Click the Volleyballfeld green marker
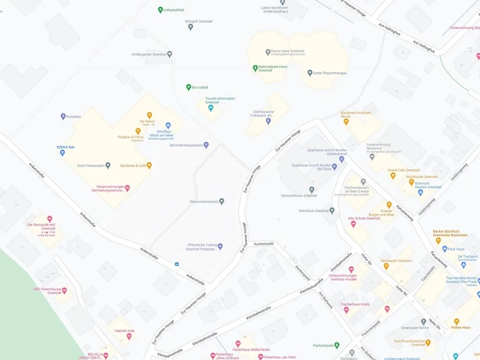[x=161, y=10]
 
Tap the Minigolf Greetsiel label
[x=198, y=21]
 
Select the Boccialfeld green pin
[x=188, y=88]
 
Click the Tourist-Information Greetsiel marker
[x=210, y=108]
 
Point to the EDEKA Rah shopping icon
[x=63, y=153]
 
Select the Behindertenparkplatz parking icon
[x=206, y=145]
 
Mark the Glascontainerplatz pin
[x=222, y=202]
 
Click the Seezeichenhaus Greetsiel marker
[x=311, y=190]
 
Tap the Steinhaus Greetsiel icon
[x=332, y=210]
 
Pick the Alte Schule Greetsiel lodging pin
[x=353, y=224]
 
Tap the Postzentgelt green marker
[x=337, y=345]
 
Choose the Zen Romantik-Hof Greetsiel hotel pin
[x=49, y=220]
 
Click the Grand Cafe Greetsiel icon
[x=393, y=176]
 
